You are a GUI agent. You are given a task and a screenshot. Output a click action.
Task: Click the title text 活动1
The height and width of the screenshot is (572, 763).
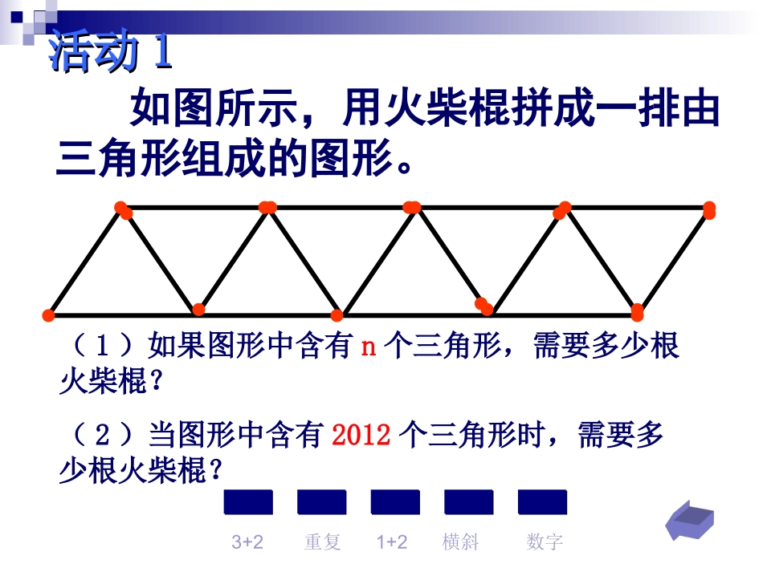click(x=112, y=54)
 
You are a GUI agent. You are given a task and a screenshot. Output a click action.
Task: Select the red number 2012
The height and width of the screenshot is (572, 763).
click(x=361, y=436)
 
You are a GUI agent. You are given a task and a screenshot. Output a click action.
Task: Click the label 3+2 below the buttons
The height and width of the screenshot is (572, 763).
click(x=247, y=542)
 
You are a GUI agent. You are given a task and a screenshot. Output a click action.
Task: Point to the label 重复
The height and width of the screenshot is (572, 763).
click(x=323, y=542)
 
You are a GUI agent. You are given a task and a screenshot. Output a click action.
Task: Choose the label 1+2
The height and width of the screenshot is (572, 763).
click(x=392, y=542)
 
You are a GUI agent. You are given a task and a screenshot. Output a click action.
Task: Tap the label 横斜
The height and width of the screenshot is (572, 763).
click(x=461, y=542)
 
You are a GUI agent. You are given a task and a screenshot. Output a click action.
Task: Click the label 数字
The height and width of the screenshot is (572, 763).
click(x=545, y=542)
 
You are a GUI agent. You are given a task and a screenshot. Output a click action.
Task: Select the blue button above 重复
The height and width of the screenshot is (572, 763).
click(x=322, y=502)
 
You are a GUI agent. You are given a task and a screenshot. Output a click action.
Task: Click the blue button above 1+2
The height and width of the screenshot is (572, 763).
click(x=395, y=502)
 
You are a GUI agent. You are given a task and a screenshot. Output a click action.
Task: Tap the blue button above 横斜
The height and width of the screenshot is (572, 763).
click(x=469, y=502)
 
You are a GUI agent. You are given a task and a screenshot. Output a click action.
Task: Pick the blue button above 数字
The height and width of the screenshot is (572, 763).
click(x=543, y=502)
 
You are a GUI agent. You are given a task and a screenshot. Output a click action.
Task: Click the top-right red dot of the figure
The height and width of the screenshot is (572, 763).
click(x=709, y=210)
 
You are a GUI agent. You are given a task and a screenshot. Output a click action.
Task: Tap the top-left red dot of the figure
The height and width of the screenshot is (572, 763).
click(x=123, y=209)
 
